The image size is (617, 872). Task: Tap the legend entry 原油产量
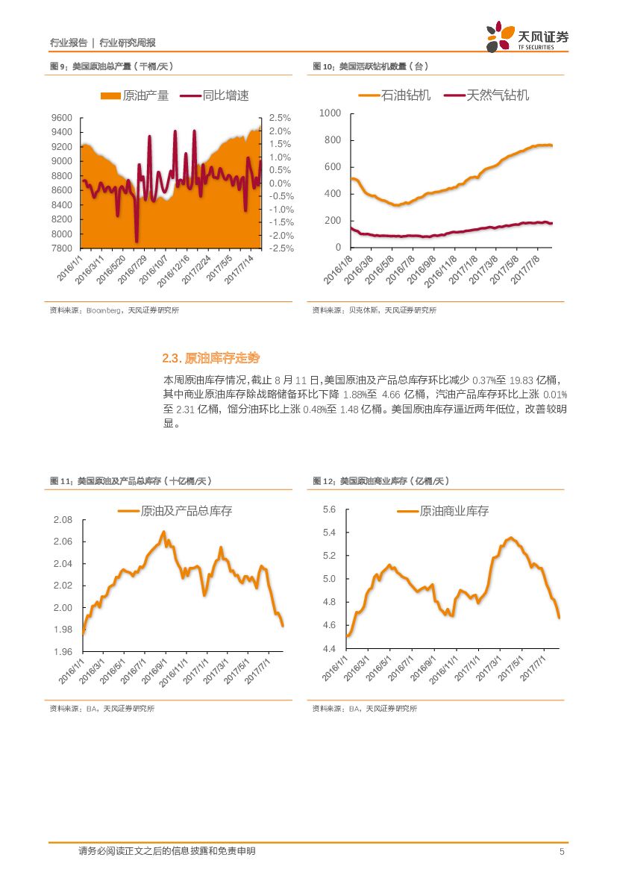point(135,95)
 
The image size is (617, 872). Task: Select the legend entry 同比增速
point(215,95)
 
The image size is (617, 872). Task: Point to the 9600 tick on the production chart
point(62,118)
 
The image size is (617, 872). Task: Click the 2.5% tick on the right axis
point(280,118)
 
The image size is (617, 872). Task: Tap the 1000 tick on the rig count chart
point(330,113)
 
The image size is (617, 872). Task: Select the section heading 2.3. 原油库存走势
point(211,358)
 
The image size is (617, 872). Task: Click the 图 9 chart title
point(111,66)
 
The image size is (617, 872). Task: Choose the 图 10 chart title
point(370,66)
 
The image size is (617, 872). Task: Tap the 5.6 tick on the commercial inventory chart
point(329,509)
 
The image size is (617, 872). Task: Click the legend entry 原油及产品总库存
point(175,511)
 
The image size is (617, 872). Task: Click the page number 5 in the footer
point(561,851)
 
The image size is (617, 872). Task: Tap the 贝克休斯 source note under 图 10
point(374,310)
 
